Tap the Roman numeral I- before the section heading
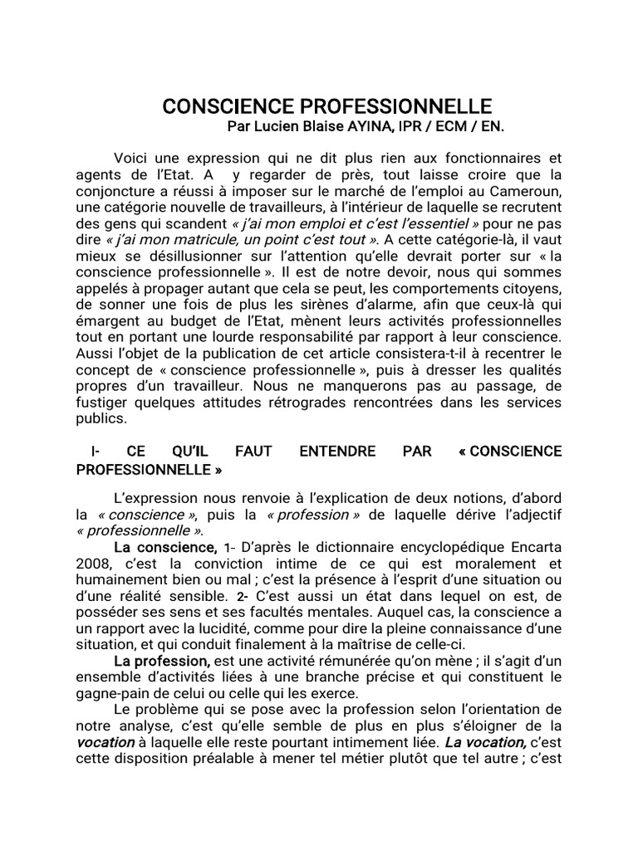(95, 452)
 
